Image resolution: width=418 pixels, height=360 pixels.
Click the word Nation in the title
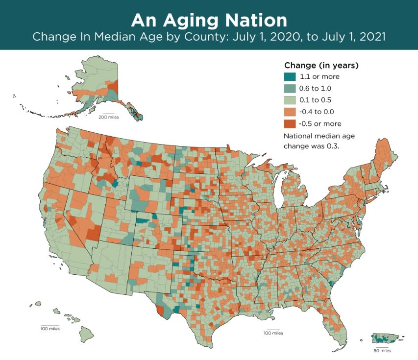point(259,21)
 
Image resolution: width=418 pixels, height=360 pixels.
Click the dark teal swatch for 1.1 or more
point(290,76)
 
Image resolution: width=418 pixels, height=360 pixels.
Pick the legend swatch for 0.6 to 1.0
point(290,88)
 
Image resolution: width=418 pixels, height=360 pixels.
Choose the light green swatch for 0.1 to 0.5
point(290,100)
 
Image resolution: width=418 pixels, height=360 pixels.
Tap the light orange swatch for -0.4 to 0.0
point(290,112)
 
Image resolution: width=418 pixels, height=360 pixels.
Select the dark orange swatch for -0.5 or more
point(290,123)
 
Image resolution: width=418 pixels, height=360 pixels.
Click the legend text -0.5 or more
point(320,123)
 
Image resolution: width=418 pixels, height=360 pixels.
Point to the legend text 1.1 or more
point(320,76)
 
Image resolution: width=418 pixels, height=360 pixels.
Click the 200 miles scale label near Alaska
point(109,118)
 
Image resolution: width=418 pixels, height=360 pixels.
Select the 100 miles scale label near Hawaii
point(50,329)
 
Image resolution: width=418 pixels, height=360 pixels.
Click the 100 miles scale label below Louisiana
point(273,333)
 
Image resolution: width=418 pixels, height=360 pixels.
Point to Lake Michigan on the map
point(279,189)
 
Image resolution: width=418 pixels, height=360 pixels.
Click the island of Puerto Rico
point(387,338)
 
